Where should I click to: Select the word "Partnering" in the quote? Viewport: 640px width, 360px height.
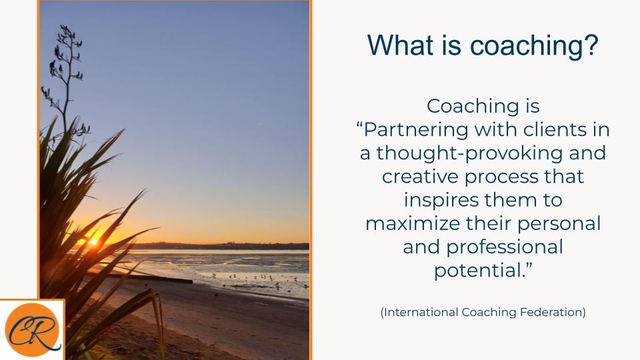click(416, 130)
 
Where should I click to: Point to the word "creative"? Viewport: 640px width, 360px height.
click(419, 177)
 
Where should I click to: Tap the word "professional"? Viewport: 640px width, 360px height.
click(505, 247)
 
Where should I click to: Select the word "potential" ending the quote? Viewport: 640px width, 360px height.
click(477, 271)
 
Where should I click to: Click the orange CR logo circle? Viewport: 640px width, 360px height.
click(32, 329)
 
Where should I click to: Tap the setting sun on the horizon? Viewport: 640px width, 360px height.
click(93, 241)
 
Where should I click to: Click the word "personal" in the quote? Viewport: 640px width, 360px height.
click(559, 224)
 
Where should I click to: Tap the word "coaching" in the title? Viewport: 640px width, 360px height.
click(527, 46)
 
